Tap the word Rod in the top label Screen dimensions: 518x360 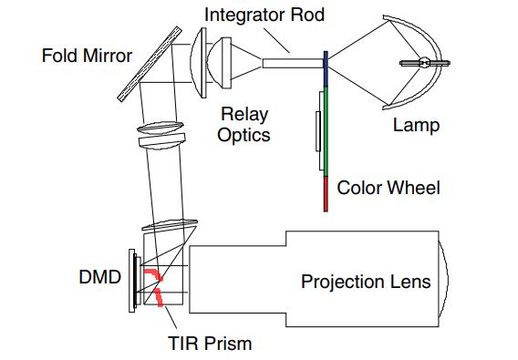coord(307,15)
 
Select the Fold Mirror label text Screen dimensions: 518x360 coord(87,56)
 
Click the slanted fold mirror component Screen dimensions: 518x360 coord(150,64)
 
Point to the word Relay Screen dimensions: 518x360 coord(244,115)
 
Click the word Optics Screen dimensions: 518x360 coord(243,135)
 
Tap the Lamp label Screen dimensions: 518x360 coord(416,125)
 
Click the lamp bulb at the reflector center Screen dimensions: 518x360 coord(425,63)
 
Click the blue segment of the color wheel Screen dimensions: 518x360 coord(326,69)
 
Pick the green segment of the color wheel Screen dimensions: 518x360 coord(326,131)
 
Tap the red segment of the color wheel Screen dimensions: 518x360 coord(326,194)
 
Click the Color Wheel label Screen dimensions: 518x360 coord(388,188)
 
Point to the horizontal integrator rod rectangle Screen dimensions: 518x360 coord(293,64)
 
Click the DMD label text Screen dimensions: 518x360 coord(100,277)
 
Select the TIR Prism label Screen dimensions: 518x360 coord(210,344)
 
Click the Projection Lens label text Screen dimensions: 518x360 coord(366,282)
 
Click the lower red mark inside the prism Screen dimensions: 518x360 coord(159,296)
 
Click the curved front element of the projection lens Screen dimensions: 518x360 coord(444,278)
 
